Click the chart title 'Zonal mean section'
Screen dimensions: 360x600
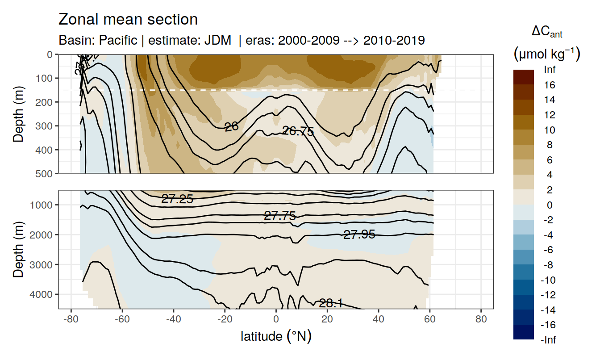click(128, 20)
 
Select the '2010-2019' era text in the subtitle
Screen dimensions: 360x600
click(394, 40)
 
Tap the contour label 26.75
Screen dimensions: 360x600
click(298, 131)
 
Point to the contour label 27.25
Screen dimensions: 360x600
click(177, 200)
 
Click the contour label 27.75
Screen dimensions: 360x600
click(280, 216)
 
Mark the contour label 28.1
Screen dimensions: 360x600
click(331, 304)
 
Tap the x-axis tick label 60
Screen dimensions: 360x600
click(429, 320)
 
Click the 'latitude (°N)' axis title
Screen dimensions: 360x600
click(276, 335)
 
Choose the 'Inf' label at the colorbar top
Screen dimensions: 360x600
click(549, 70)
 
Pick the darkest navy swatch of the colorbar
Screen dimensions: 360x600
click(524, 332)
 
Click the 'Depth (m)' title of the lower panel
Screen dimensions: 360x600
click(18, 249)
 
